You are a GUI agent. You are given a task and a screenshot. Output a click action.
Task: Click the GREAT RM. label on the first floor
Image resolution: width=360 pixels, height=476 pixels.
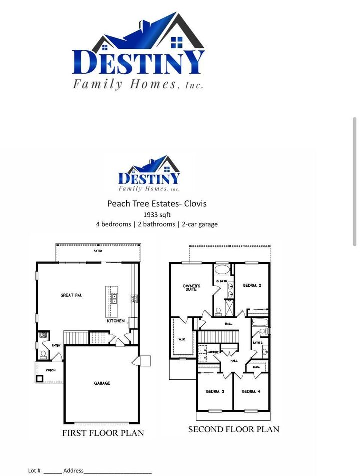pos(71,295)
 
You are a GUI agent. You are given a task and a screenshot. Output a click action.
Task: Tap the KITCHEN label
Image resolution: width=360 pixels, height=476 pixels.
pos(115,321)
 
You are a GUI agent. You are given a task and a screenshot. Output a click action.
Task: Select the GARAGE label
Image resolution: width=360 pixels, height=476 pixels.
pos(102,383)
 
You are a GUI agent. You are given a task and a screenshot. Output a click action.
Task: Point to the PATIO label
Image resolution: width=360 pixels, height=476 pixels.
pos(98,251)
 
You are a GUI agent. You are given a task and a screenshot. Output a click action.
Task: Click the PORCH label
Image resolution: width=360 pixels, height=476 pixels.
pos(51,370)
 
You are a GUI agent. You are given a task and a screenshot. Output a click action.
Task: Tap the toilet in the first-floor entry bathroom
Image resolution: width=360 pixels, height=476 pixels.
pos(44,354)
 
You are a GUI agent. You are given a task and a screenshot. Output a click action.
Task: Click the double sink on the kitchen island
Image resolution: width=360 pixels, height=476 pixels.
pos(114,299)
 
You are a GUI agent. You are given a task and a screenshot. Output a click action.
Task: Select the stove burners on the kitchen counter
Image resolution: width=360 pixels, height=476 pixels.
pos(134,299)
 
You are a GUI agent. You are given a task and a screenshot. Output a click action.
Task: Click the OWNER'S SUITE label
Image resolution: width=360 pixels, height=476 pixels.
pos(191,288)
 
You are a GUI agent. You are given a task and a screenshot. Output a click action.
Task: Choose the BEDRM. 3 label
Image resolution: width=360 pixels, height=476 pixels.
pos(215,391)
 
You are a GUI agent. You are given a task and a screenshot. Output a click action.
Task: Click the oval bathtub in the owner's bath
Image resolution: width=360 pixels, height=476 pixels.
pos(222,270)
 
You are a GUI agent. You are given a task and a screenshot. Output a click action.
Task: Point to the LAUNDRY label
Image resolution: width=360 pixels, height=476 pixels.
pos(213,352)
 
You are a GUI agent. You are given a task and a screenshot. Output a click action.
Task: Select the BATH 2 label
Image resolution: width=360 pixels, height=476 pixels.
pos(257,343)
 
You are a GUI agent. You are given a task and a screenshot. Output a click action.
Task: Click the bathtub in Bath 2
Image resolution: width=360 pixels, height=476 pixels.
pos(259,323)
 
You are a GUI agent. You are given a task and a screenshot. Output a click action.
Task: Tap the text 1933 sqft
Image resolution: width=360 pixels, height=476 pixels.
pos(157,214)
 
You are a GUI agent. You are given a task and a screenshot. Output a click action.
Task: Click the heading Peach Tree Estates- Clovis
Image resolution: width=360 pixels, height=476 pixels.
pos(157,204)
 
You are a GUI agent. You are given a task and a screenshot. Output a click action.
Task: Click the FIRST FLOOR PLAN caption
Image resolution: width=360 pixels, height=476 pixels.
pos(103,433)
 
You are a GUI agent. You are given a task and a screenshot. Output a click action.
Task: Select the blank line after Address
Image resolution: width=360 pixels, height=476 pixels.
pos(117,471)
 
